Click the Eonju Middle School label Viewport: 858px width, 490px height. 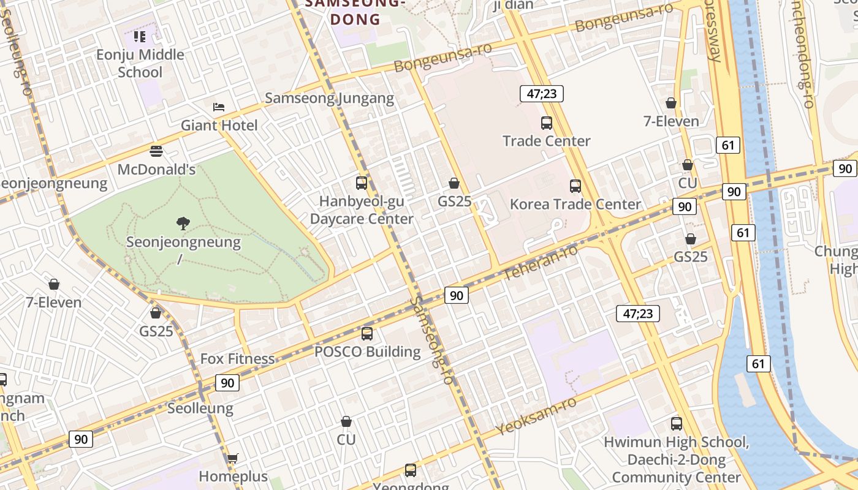pyautogui.click(x=140, y=63)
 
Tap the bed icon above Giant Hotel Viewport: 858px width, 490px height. pyautogui.click(x=219, y=107)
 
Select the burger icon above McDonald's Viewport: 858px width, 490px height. pyautogui.click(x=156, y=151)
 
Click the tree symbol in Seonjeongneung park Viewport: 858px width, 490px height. pyautogui.click(x=183, y=223)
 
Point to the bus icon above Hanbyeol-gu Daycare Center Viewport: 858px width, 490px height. pyautogui.click(x=362, y=183)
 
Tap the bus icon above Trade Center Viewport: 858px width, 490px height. pyautogui.click(x=547, y=123)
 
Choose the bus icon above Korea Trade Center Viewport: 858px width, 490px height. pyautogui.click(x=575, y=186)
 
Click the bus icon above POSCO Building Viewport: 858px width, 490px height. pyautogui.click(x=367, y=333)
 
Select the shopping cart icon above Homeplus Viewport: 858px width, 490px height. pyautogui.click(x=232, y=458)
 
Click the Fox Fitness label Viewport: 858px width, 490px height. pyautogui.click(x=238, y=359)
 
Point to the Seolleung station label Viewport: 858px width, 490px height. pyautogui.click(x=200, y=409)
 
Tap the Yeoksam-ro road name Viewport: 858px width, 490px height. pyautogui.click(x=536, y=416)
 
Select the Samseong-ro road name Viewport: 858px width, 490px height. pyautogui.click(x=433, y=341)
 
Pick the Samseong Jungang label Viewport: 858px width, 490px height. pyautogui.click(x=329, y=98)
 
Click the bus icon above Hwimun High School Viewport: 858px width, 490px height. pyautogui.click(x=677, y=423)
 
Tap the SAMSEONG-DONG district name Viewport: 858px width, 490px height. pyautogui.click(x=355, y=12)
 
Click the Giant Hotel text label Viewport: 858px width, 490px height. pyautogui.click(x=219, y=126)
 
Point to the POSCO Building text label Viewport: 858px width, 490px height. pyautogui.click(x=367, y=352)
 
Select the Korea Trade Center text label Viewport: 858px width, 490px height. pyautogui.click(x=575, y=204)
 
